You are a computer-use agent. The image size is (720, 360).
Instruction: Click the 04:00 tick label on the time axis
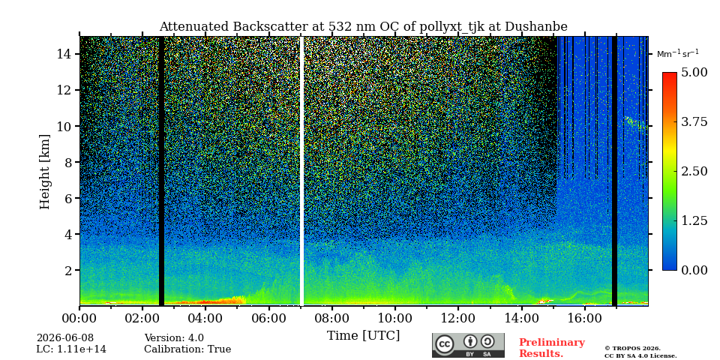(205, 318)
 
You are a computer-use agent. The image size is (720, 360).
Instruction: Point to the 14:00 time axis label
(521, 318)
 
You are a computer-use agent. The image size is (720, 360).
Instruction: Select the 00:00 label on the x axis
(79, 318)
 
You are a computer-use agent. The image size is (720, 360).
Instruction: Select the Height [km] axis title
(44, 172)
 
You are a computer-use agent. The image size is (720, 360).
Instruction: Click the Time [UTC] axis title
(363, 336)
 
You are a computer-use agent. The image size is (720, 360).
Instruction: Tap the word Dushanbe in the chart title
(535, 27)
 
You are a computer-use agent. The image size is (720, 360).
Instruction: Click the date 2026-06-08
(65, 338)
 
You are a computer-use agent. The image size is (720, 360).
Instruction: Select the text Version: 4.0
(174, 338)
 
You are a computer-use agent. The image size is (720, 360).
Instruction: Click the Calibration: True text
(187, 349)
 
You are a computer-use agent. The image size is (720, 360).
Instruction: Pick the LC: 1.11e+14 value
(71, 349)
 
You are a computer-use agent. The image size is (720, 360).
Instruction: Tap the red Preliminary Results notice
(552, 348)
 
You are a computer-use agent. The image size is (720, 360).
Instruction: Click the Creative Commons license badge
(468, 345)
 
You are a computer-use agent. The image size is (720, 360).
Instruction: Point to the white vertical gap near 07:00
(301, 171)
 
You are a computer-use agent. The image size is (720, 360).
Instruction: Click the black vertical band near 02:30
(161, 171)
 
